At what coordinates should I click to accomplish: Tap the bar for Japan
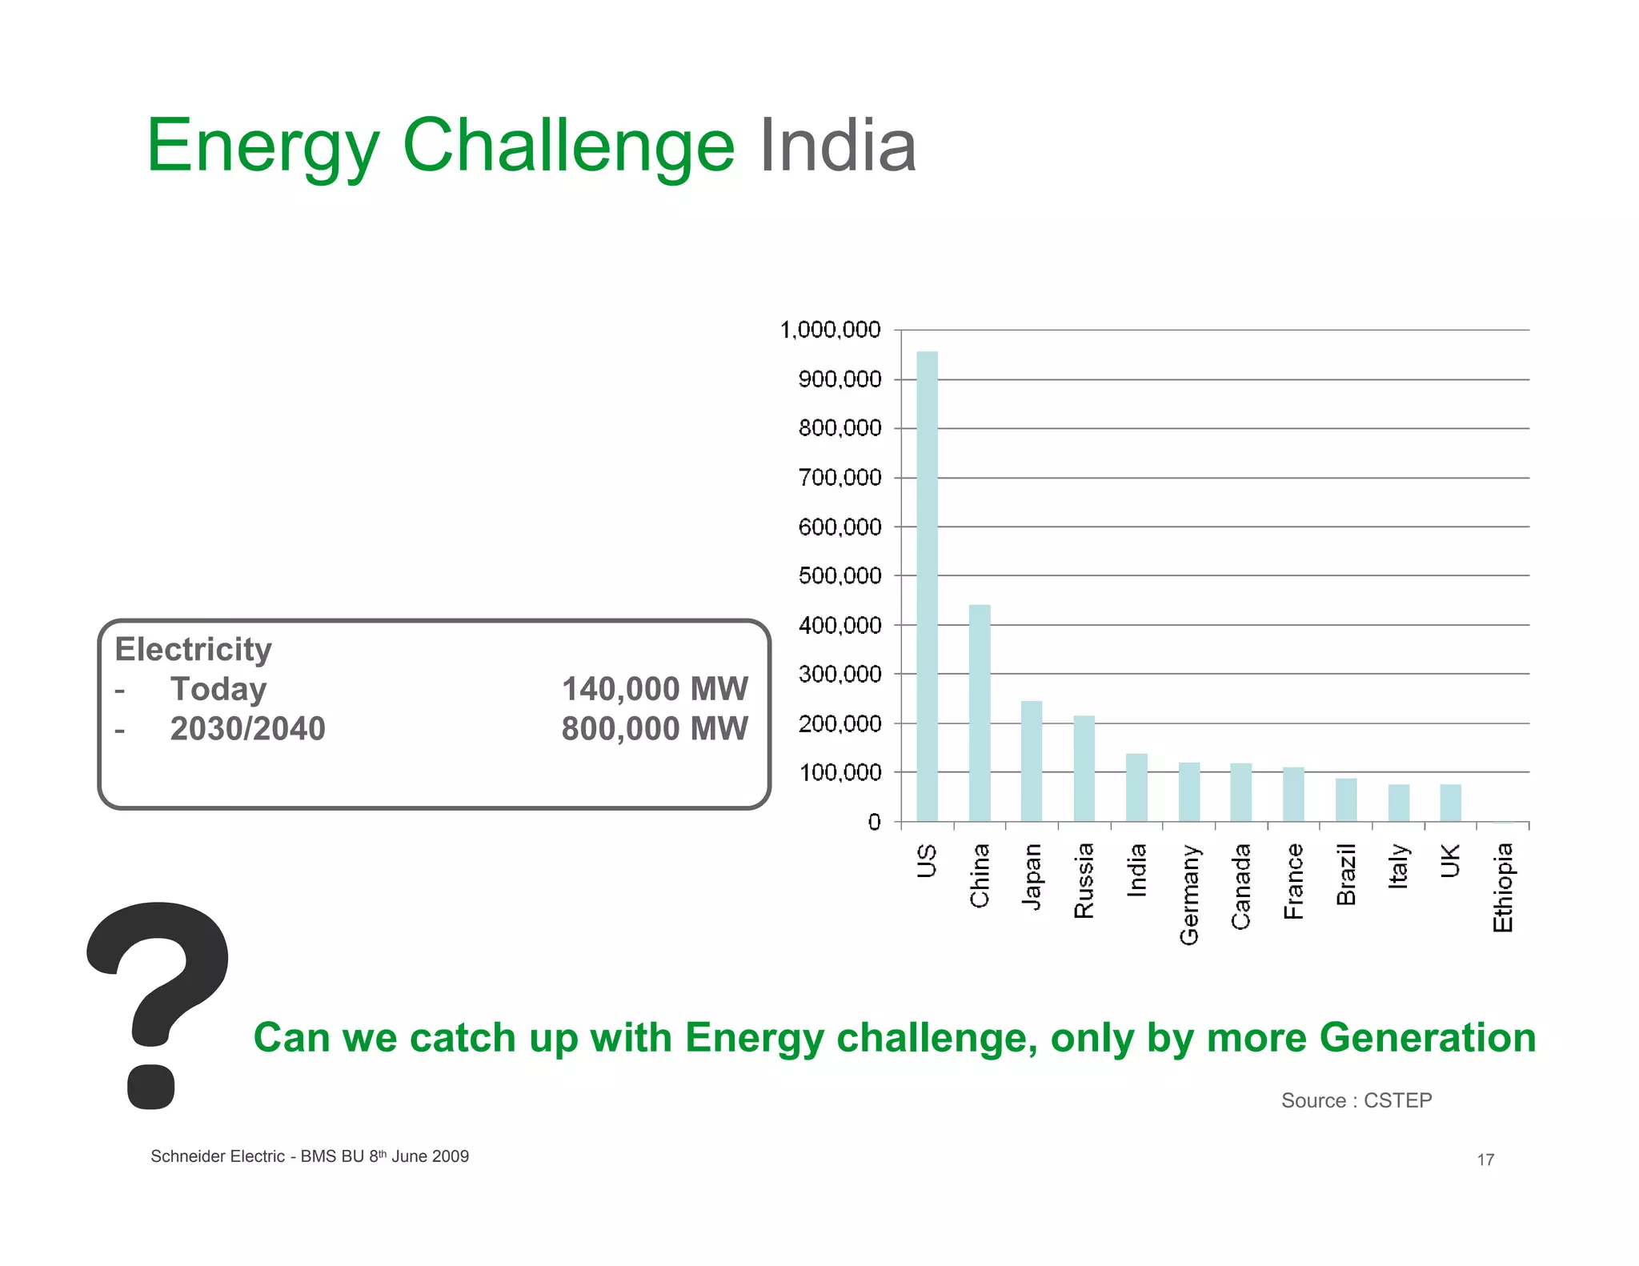(x=1032, y=761)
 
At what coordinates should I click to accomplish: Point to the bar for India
(x=1136, y=787)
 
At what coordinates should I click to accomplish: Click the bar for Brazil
(x=1346, y=799)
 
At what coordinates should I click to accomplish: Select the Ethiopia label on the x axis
(x=1503, y=887)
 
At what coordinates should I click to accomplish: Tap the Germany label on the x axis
(x=1189, y=894)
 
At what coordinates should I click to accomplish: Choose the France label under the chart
(x=1293, y=881)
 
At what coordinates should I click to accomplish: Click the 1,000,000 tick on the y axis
(x=830, y=330)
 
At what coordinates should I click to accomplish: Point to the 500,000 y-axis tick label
(x=840, y=575)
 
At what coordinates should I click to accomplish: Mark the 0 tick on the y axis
(x=874, y=822)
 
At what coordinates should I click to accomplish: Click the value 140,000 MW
(x=654, y=689)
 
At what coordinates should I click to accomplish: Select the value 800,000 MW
(x=654, y=729)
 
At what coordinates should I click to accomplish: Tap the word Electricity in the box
(x=193, y=649)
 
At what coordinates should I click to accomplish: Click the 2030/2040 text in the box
(x=247, y=729)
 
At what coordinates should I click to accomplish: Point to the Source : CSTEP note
(x=1356, y=1100)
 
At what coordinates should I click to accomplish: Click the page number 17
(x=1485, y=1160)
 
